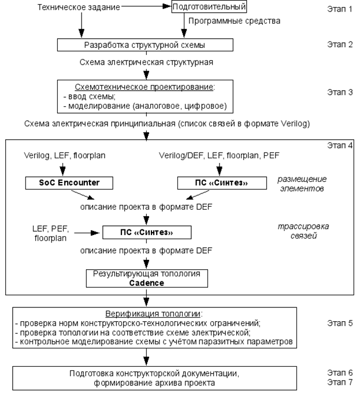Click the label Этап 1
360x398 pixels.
point(340,9)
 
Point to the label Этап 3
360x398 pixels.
point(340,92)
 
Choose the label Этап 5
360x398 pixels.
point(340,323)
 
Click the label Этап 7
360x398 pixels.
point(340,382)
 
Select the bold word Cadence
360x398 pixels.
point(147,283)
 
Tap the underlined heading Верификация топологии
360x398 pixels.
point(153,314)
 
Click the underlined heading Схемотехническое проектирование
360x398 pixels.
point(144,87)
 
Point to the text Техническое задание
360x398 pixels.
point(79,7)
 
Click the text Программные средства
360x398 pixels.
point(235,21)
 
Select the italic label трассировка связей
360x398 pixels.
point(303,231)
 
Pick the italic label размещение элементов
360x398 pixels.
point(302,184)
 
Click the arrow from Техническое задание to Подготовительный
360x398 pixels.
point(146,6)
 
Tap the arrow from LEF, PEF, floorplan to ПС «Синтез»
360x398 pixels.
point(87,233)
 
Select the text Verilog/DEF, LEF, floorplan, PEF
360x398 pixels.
point(219,155)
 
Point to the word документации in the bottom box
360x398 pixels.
point(208,374)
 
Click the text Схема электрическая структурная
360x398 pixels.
point(146,62)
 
